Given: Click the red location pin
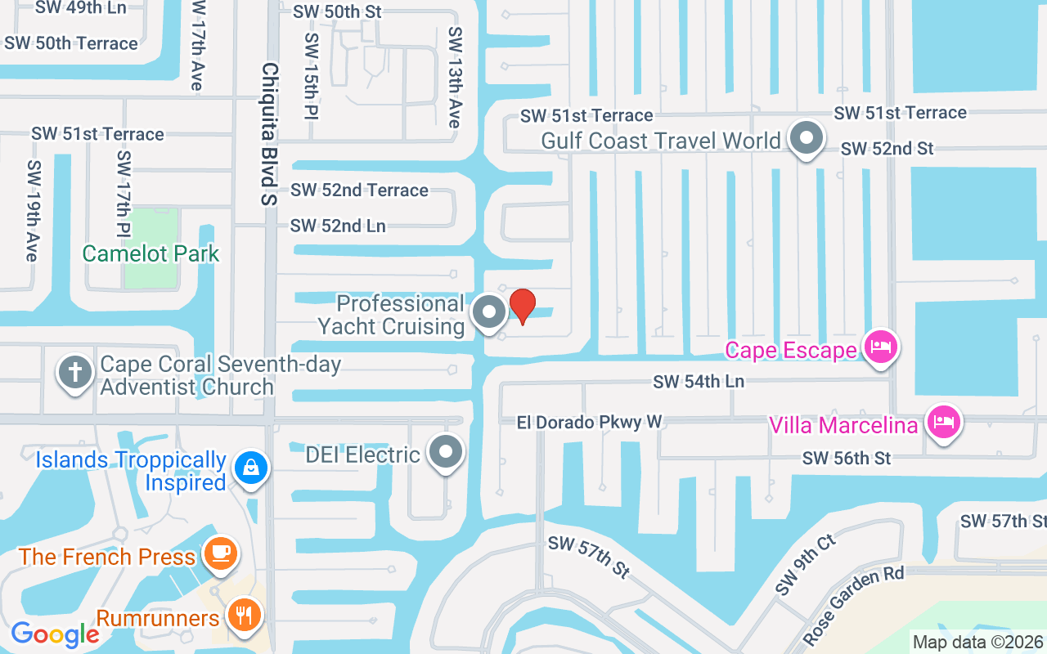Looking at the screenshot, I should (x=522, y=307).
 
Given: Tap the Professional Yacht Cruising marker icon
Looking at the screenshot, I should (x=489, y=312).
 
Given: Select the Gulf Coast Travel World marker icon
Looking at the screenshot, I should (x=807, y=138).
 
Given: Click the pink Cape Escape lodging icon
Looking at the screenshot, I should (x=882, y=347).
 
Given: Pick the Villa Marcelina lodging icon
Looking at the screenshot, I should (x=943, y=423).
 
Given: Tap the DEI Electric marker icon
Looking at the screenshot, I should (x=447, y=452).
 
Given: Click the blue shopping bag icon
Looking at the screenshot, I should (x=250, y=468).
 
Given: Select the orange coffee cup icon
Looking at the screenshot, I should (x=221, y=552).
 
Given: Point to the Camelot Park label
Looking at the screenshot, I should (x=151, y=253).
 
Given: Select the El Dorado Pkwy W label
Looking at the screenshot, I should (x=589, y=422).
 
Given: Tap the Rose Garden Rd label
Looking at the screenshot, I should (x=853, y=603).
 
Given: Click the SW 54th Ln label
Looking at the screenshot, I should (x=698, y=381).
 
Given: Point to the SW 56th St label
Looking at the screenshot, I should (x=847, y=458).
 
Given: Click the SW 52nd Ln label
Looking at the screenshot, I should (x=338, y=226).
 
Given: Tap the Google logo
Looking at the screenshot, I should (x=55, y=634).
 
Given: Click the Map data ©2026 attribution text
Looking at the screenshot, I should (x=977, y=642).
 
